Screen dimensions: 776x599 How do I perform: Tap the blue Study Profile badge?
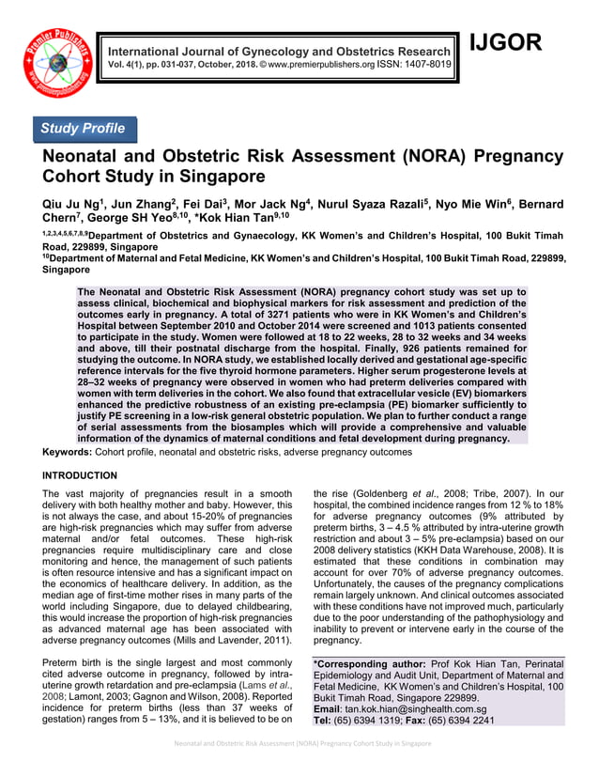coord(85,129)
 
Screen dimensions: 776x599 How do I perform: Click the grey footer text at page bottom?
coord(299,743)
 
